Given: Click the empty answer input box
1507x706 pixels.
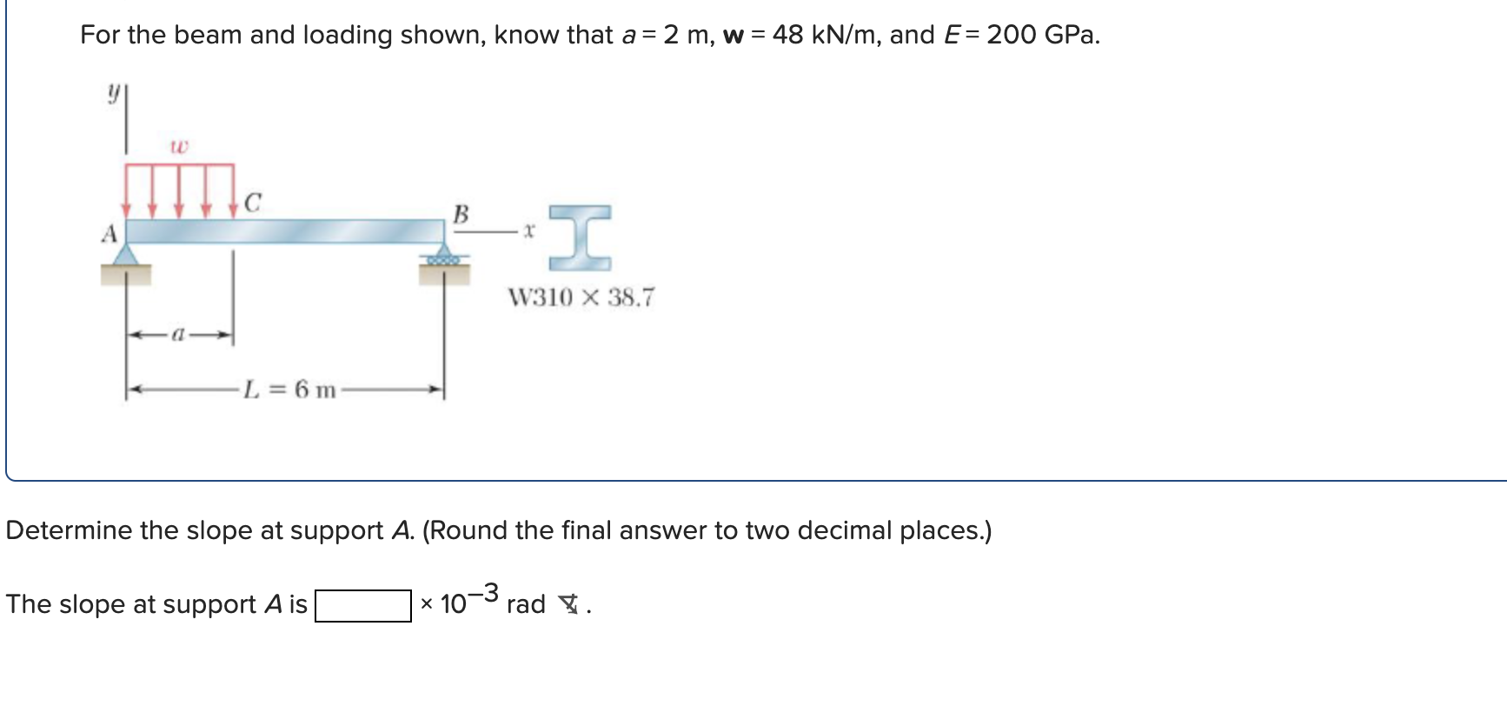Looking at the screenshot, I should pos(362,606).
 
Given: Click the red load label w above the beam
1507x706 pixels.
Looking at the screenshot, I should pos(178,147).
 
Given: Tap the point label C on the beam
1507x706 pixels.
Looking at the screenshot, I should pos(252,203).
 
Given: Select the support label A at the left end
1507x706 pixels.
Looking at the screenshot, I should pos(109,233).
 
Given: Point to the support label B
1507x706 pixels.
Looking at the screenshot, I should pos(461,213).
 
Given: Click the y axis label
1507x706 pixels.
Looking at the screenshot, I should pos(113,92).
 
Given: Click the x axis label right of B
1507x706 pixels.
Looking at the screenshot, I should pos(528,231).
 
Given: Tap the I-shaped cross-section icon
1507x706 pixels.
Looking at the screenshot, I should pos(580,236).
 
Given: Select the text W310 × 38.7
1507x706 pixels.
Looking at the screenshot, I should pos(581,297).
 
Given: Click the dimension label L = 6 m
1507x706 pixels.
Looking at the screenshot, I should pos(289,389).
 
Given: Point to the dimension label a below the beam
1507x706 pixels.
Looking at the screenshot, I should pos(178,334).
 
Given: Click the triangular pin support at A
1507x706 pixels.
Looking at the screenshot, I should pos(127,254).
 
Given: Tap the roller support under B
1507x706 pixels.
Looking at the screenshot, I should pos(443,258).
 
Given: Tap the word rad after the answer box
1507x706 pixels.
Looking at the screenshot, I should pos(526,604).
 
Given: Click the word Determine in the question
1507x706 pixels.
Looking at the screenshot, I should pos(67,530).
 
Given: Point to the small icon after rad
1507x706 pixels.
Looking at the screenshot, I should pos(568,603).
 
